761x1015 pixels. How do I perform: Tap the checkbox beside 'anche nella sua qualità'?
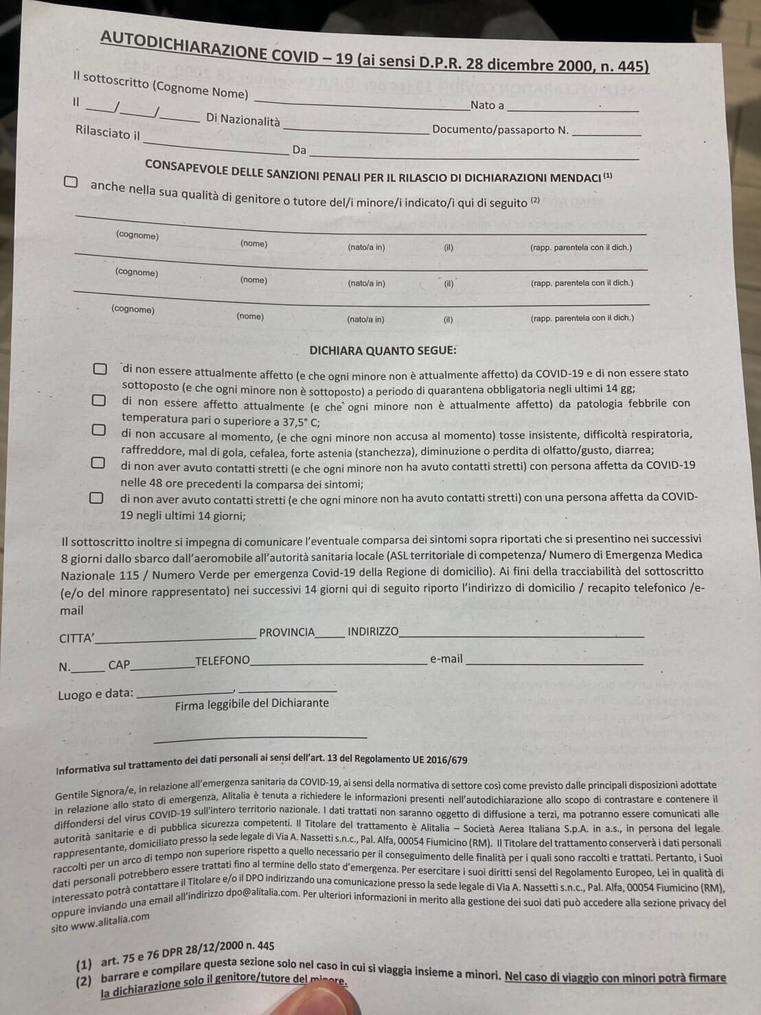click(71, 182)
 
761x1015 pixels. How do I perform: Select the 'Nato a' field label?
click(487, 105)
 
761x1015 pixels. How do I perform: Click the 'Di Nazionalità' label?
click(243, 120)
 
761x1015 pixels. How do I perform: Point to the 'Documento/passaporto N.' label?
click(500, 130)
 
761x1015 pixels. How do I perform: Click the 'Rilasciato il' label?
click(108, 133)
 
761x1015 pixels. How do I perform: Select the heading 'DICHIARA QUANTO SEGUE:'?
click(383, 350)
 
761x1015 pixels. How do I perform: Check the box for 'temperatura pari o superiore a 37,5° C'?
click(99, 400)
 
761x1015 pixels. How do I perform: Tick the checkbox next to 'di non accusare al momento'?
click(99, 430)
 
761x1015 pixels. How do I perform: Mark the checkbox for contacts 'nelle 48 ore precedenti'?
click(98, 462)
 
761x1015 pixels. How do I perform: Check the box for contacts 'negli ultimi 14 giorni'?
click(97, 497)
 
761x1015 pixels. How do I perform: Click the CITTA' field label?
click(77, 638)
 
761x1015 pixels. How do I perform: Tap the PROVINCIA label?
click(286, 632)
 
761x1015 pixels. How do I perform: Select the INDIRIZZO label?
click(373, 632)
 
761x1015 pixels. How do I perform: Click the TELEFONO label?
click(223, 661)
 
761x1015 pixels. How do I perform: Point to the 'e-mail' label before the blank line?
click(446, 659)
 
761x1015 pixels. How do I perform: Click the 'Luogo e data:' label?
click(95, 694)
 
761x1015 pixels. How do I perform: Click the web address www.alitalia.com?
click(110, 921)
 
